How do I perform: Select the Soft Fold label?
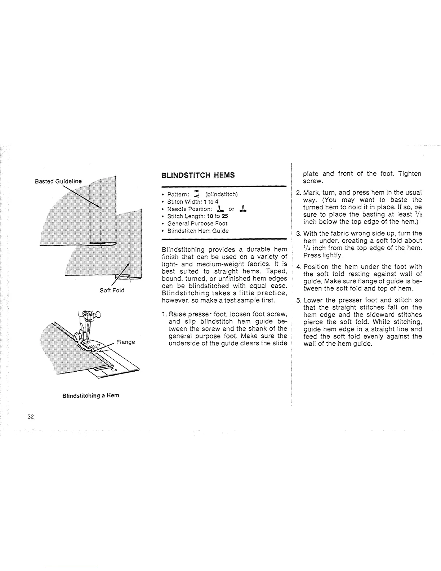112,290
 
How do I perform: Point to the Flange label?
126,342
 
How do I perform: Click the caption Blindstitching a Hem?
90,395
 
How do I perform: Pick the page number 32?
30,417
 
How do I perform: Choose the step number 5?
298,300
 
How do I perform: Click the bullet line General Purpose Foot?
197,223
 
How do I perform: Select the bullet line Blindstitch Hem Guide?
198,231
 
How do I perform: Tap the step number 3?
298,234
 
